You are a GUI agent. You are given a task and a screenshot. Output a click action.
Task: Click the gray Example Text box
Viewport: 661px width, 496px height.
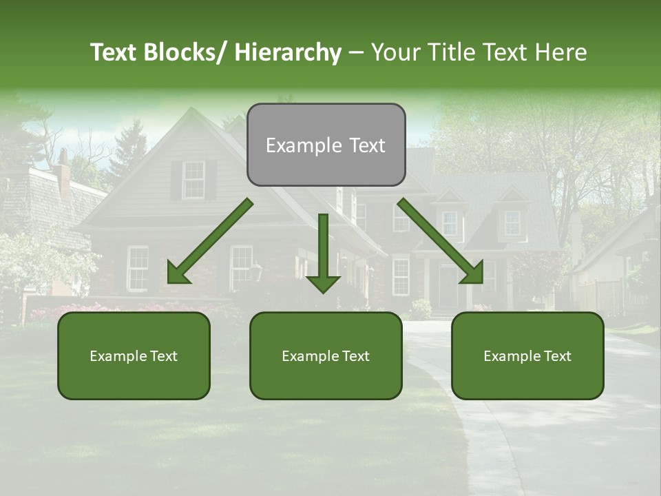point(326,145)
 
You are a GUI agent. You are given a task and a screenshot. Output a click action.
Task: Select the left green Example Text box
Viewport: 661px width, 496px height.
point(134,355)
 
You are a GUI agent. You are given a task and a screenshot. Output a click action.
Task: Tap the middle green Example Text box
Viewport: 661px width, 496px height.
point(326,355)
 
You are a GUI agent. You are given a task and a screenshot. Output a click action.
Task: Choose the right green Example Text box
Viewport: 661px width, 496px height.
point(527,355)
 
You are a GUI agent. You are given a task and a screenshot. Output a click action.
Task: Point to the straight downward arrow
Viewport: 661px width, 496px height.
point(323,252)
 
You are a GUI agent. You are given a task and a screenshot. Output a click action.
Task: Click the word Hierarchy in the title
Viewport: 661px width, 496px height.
point(287,52)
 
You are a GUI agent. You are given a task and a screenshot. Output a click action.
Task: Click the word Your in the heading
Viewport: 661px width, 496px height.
point(396,52)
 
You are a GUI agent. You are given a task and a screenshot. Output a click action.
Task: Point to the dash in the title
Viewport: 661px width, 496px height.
point(356,53)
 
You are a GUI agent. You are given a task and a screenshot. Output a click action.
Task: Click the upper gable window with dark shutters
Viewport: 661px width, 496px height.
point(193,179)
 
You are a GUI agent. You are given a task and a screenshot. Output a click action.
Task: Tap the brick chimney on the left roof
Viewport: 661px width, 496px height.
point(63,176)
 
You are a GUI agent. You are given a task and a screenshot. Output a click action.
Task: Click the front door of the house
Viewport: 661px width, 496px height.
point(448,286)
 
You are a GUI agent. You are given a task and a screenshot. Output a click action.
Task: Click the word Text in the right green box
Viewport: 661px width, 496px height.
point(557,355)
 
